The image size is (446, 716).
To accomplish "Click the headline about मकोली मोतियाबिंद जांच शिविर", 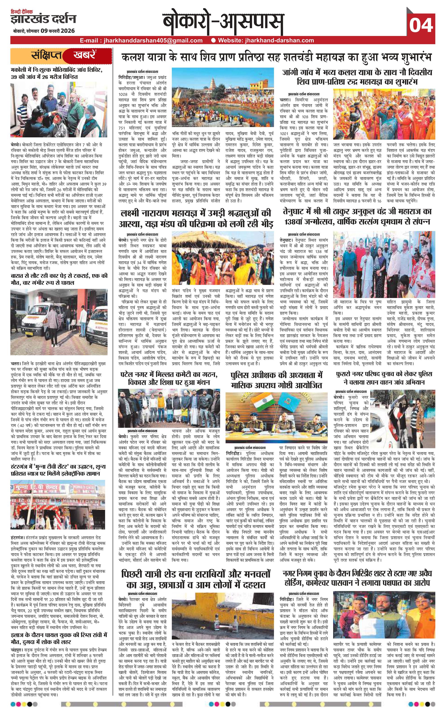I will point(56,74).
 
